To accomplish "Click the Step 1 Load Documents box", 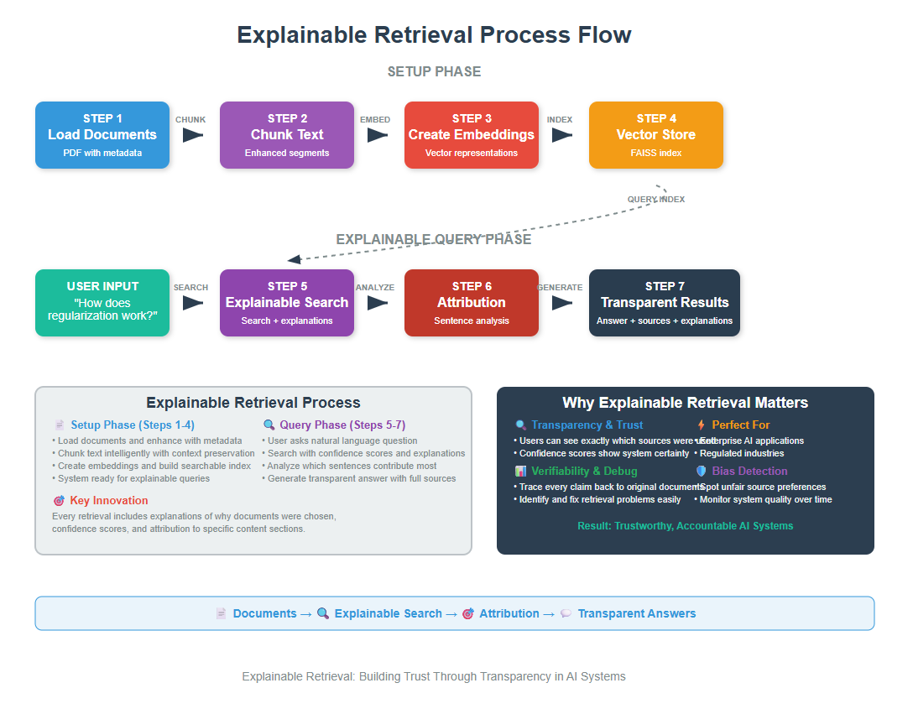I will click(x=102, y=135).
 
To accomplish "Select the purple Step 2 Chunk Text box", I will click(x=287, y=135).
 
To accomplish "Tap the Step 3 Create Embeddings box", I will click(x=472, y=135).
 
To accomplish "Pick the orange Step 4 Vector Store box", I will click(x=656, y=135).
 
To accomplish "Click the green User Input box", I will click(x=102, y=303).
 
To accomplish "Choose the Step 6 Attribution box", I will click(x=472, y=303).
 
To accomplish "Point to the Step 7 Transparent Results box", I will click(x=665, y=303).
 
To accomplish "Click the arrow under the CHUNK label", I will click(x=193, y=135).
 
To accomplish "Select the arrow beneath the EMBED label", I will click(x=378, y=135).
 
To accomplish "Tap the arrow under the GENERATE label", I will click(x=562, y=303).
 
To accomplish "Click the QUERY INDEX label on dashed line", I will click(x=656, y=199).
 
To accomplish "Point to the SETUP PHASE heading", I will click(x=434, y=72).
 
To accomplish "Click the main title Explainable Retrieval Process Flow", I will click(x=434, y=35).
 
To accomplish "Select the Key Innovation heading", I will click(x=109, y=501).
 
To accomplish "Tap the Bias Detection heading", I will click(x=749, y=472).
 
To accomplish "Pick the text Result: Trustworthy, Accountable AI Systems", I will click(x=685, y=526).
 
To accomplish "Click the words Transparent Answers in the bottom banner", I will click(x=636, y=613).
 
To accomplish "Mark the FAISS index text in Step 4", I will click(x=656, y=154).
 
